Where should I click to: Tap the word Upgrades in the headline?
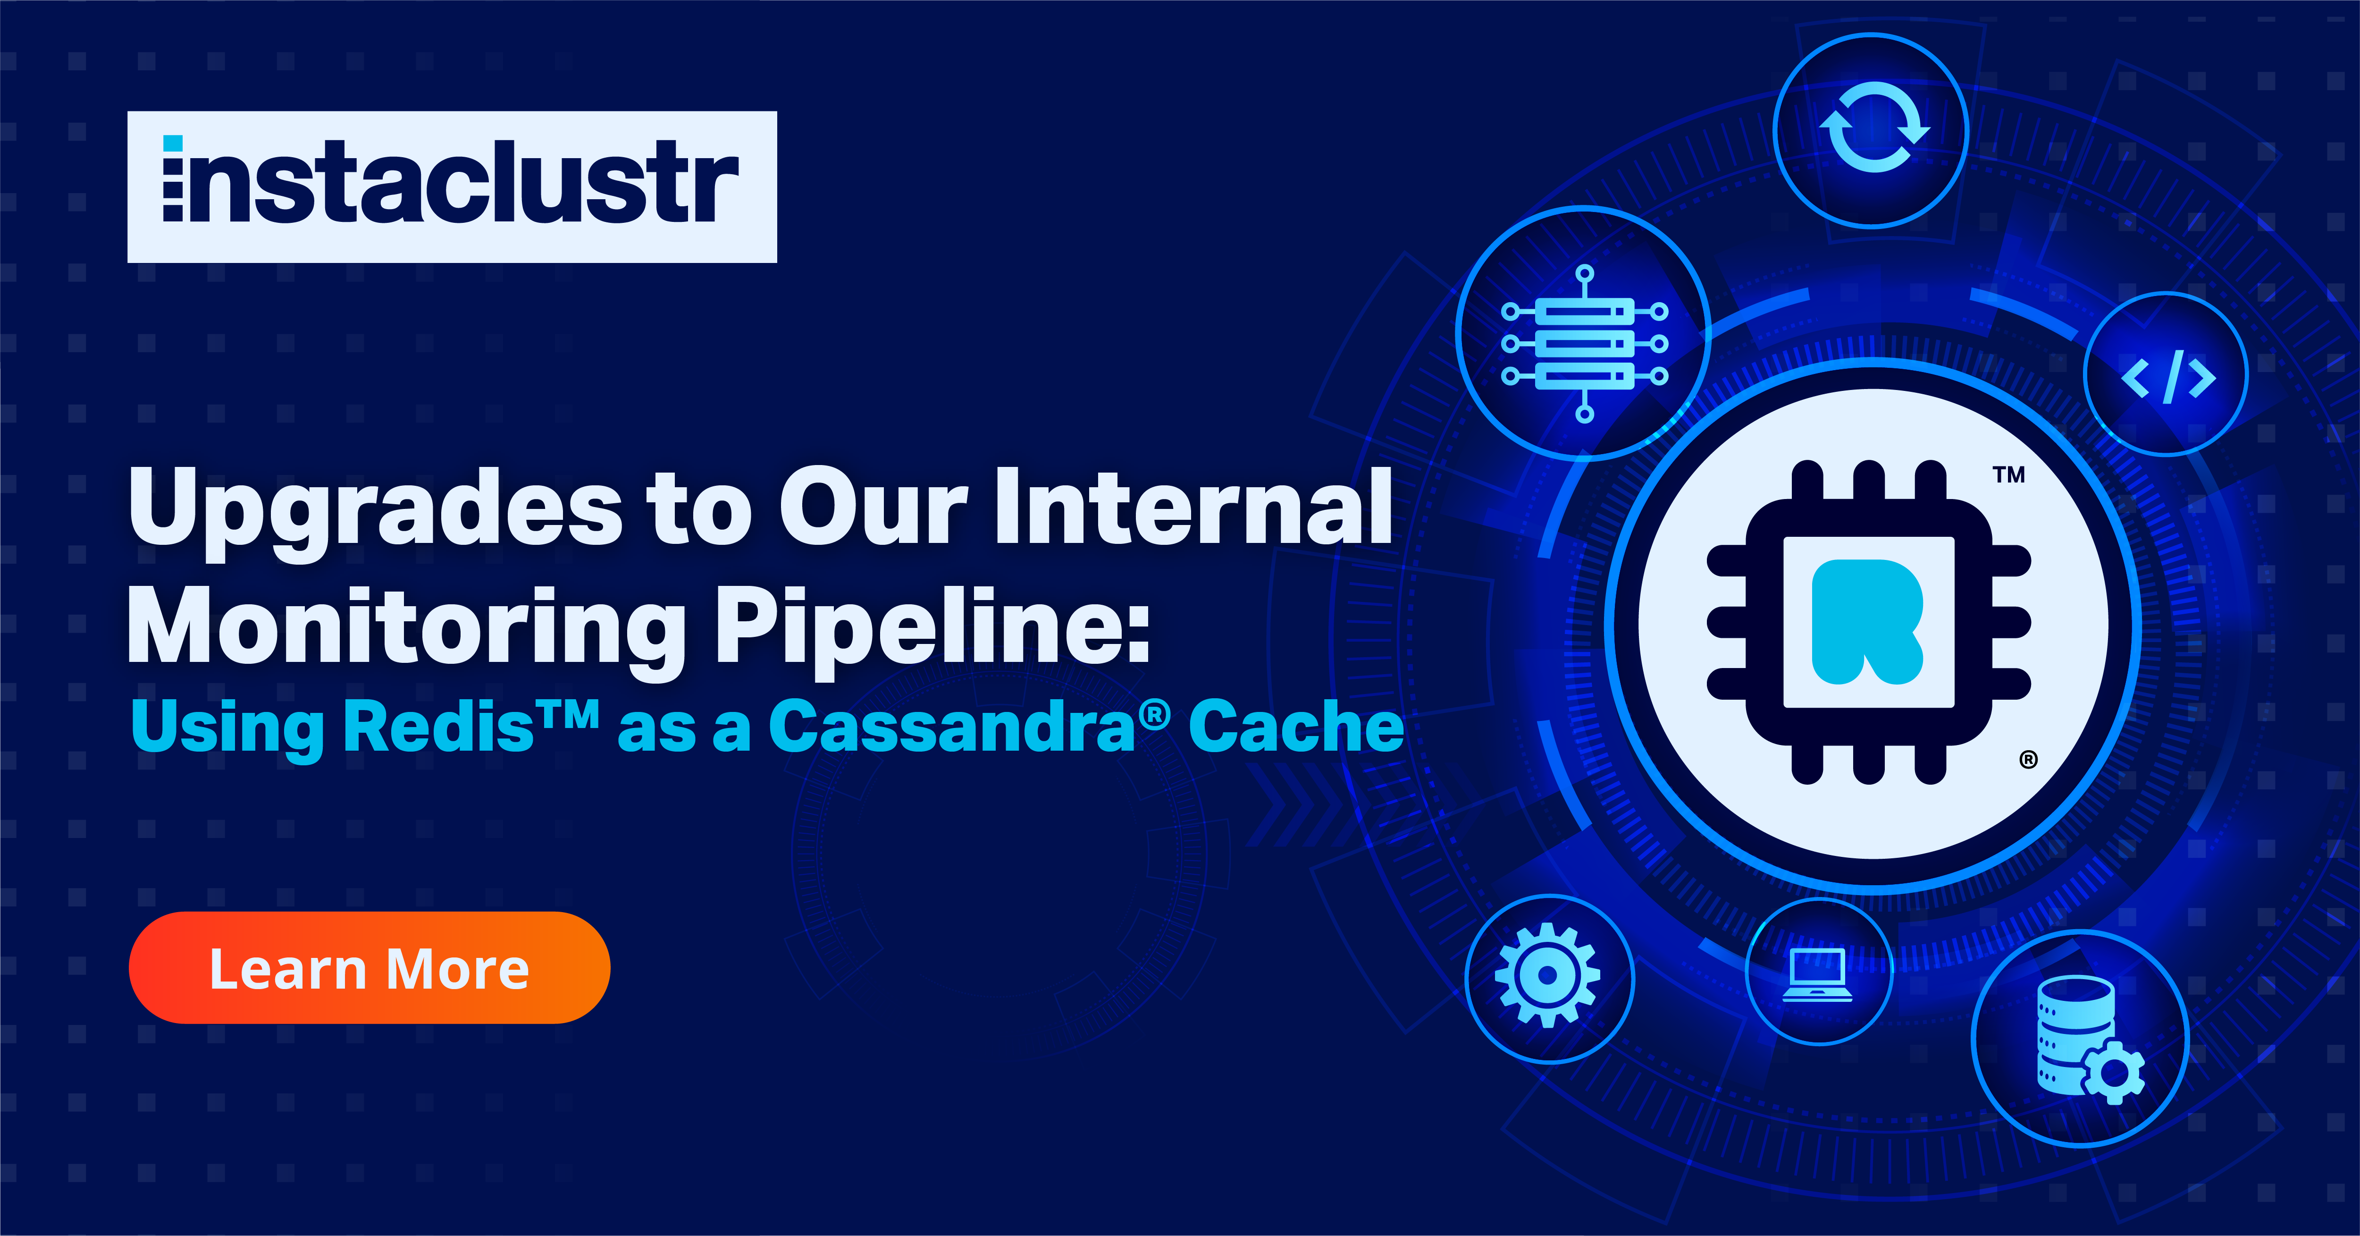coord(376,508)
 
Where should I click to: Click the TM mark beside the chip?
coord(2008,474)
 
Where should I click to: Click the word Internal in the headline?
coord(1194,507)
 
